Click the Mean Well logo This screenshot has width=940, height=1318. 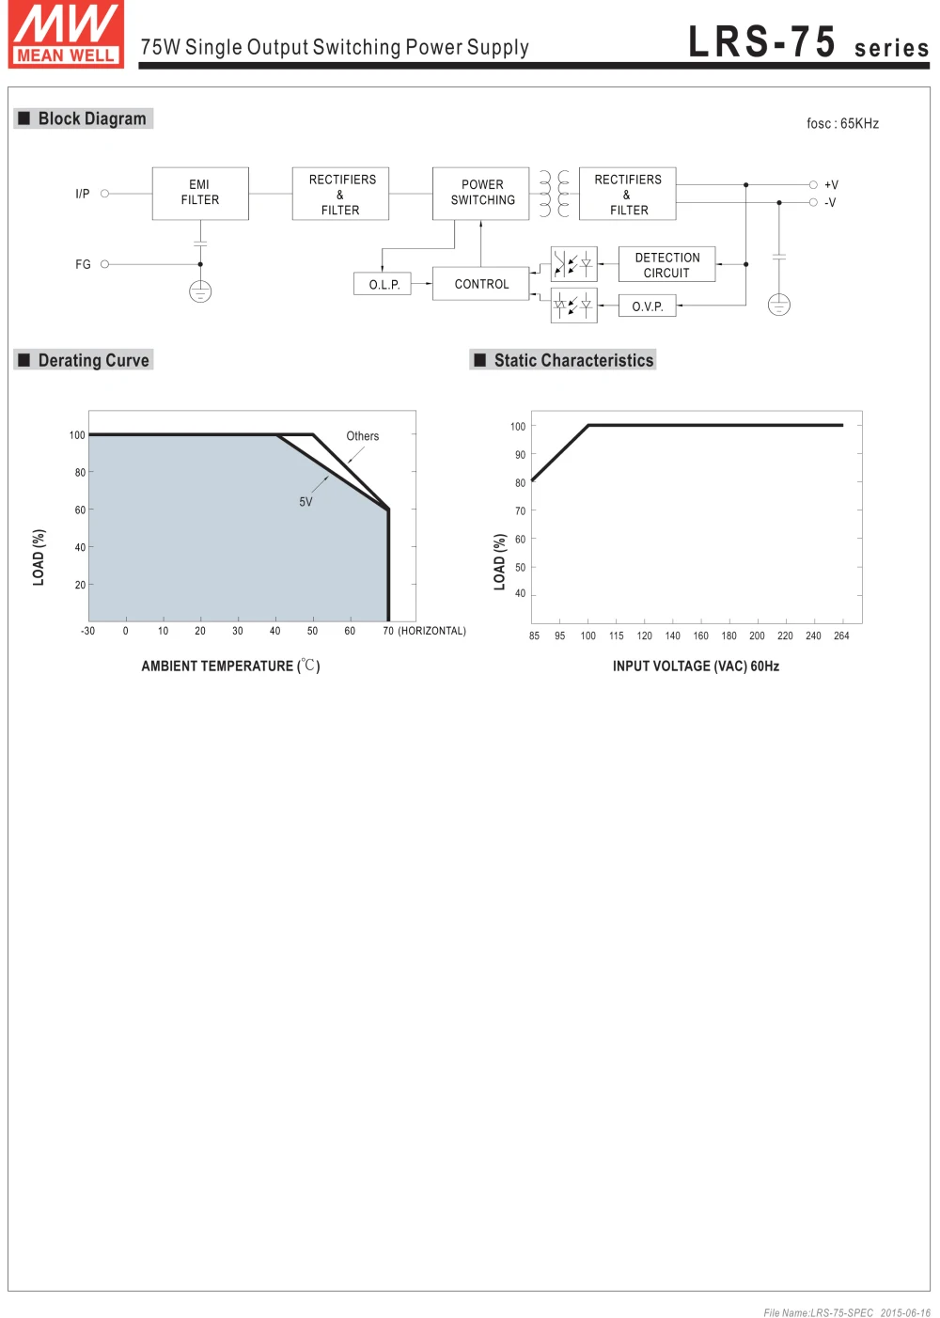tap(66, 35)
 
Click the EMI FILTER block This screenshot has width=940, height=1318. tap(200, 193)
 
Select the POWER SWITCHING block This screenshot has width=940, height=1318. tap(481, 193)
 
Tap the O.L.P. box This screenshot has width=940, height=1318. tap(384, 284)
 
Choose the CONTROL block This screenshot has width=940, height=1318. tap(481, 284)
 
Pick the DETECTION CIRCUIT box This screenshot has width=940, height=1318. tap(666, 265)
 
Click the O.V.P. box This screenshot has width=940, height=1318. tap(647, 306)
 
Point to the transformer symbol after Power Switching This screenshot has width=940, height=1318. tap(554, 194)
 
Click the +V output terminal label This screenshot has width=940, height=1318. tap(831, 185)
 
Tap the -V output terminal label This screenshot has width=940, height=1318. tap(830, 203)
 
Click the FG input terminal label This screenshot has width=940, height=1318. tap(83, 265)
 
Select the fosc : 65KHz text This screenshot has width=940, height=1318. tap(842, 124)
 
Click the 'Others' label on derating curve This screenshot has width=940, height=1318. tap(362, 436)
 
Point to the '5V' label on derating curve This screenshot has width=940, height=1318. tap(305, 502)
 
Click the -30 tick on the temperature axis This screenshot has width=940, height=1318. tap(87, 632)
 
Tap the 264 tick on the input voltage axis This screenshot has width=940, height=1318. tap(841, 636)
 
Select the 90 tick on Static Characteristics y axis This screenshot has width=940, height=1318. tap(520, 455)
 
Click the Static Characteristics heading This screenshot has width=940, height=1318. tap(572, 361)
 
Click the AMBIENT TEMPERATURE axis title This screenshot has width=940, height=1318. tap(230, 667)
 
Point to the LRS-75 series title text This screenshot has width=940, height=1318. tap(807, 44)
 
